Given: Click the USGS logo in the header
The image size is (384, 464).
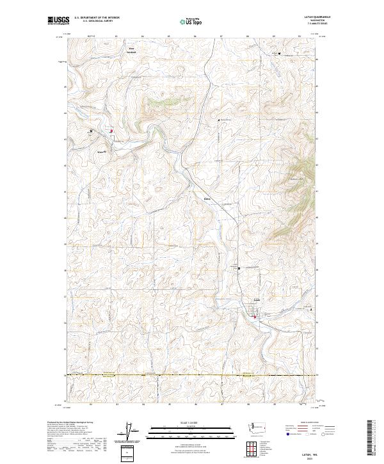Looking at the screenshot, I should (58, 20).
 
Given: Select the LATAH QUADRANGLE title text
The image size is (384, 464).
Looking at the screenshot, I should (304, 17).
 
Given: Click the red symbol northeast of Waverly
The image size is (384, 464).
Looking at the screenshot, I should (111, 132).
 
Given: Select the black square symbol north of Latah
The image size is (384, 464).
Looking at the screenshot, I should (239, 269).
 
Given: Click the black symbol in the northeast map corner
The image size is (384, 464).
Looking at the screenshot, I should (279, 53).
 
